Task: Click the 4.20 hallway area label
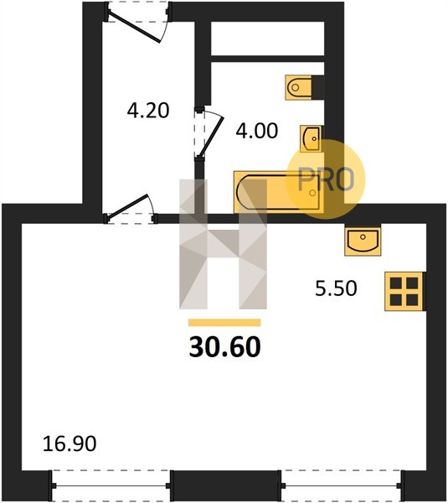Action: pyautogui.click(x=148, y=111)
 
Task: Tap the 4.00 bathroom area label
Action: pyautogui.click(x=257, y=132)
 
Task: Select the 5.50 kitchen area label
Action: pyautogui.click(x=336, y=288)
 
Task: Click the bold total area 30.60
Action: pyautogui.click(x=225, y=347)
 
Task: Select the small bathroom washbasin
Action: pyautogui.click(x=311, y=138)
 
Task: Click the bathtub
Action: pyautogui.click(x=278, y=193)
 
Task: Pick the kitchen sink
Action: pyautogui.click(x=363, y=241)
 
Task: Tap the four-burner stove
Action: pyautogui.click(x=404, y=291)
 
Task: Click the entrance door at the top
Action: pyautogui.click(x=136, y=23)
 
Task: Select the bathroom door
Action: pyautogui.click(x=209, y=133)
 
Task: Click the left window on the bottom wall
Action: pyautogui.click(x=110, y=485)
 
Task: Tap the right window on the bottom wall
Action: pyautogui.click(x=342, y=485)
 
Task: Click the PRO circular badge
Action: pyautogui.click(x=326, y=179)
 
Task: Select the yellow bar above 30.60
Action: pyautogui.click(x=224, y=323)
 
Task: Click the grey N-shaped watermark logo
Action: pyautogui.click(x=223, y=244)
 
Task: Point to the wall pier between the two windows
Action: pyautogui.click(x=225, y=485)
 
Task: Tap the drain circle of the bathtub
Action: pyautogui.click(x=312, y=193)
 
